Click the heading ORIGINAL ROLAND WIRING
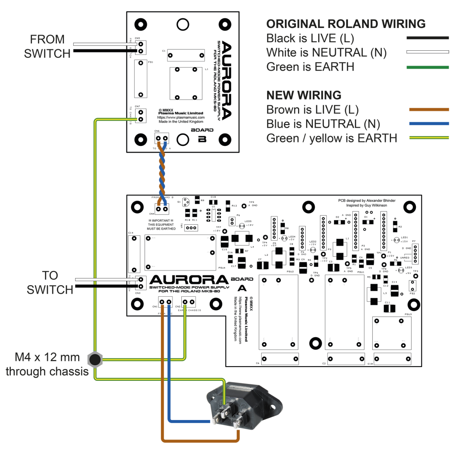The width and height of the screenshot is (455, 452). pyautogui.click(x=346, y=24)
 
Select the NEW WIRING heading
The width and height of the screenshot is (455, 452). pyautogui.click(x=303, y=95)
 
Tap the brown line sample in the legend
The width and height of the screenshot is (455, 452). pyautogui.click(x=427, y=109)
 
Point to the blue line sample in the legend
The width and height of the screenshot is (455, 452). pyautogui.click(x=427, y=124)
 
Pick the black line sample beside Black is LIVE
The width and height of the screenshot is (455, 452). pyautogui.click(x=427, y=38)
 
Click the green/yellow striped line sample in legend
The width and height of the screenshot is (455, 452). pyautogui.click(x=427, y=138)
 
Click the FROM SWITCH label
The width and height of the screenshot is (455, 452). pyautogui.click(x=47, y=46)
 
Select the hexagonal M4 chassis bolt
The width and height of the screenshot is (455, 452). pyautogui.click(x=95, y=359)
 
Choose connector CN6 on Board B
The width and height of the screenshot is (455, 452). pyautogui.click(x=162, y=139)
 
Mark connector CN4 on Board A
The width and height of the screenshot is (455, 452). pyautogui.click(x=162, y=207)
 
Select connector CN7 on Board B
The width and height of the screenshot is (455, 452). pyautogui.click(x=140, y=116)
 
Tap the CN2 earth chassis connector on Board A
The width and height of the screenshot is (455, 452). pyautogui.click(x=189, y=303)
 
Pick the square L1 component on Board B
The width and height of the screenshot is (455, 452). pyautogui.click(x=186, y=83)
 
